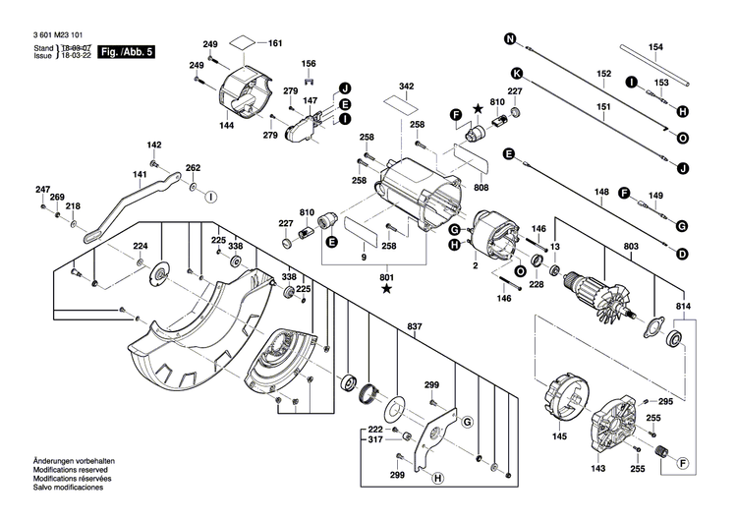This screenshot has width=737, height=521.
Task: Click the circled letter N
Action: click(x=510, y=39)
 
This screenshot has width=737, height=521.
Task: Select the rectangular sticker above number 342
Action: click(x=402, y=99)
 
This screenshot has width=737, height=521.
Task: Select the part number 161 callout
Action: click(x=275, y=43)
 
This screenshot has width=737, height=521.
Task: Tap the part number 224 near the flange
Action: click(x=141, y=246)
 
